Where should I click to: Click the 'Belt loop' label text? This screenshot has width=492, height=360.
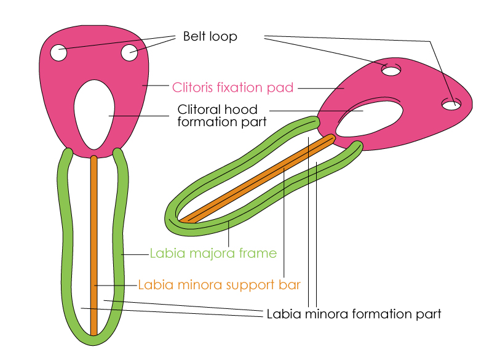pos(210,36)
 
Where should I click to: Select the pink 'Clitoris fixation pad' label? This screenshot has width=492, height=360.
pos(232,87)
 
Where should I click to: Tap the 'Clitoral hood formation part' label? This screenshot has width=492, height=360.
pos(222,116)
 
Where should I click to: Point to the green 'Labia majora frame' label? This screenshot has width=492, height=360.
pos(213,253)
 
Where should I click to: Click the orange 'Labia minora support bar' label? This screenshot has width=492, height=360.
pos(219,285)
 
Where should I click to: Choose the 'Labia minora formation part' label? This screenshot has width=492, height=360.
pos(354,314)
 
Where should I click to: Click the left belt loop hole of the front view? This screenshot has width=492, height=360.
pos(58,53)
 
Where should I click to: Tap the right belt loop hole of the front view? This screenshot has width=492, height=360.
pos(129,53)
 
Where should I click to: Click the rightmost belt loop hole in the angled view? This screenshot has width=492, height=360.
pos(452,105)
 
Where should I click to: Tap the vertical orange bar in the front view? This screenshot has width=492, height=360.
pos(93,246)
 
